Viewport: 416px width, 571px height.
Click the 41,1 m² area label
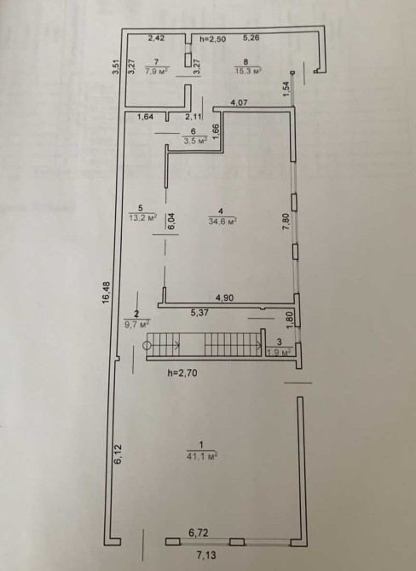coord(202,456)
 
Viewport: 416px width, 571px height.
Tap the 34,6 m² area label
coord(222,221)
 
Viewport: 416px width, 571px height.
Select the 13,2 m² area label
coord(143,218)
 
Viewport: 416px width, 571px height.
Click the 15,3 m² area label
coord(249,71)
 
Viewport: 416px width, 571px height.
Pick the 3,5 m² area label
coord(195,141)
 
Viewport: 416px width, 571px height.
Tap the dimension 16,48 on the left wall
coord(106,293)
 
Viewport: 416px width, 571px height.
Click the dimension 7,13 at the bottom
coord(206,556)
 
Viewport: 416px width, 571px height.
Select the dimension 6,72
coord(199,534)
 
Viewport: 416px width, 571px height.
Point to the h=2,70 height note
coord(182,372)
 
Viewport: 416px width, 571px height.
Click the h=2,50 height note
coord(213,39)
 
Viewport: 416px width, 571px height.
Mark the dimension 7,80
coord(286,222)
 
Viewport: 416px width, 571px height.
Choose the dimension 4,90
coord(225,298)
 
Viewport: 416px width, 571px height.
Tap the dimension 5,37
coord(199,313)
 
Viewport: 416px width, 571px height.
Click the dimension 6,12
coord(118,454)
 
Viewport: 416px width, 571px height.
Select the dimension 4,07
coord(239,102)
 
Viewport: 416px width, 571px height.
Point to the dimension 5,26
coord(251,37)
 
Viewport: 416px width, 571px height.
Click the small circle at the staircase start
coord(147,346)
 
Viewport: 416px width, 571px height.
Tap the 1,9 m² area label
coord(280,353)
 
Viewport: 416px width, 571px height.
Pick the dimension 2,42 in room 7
coord(156,38)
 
